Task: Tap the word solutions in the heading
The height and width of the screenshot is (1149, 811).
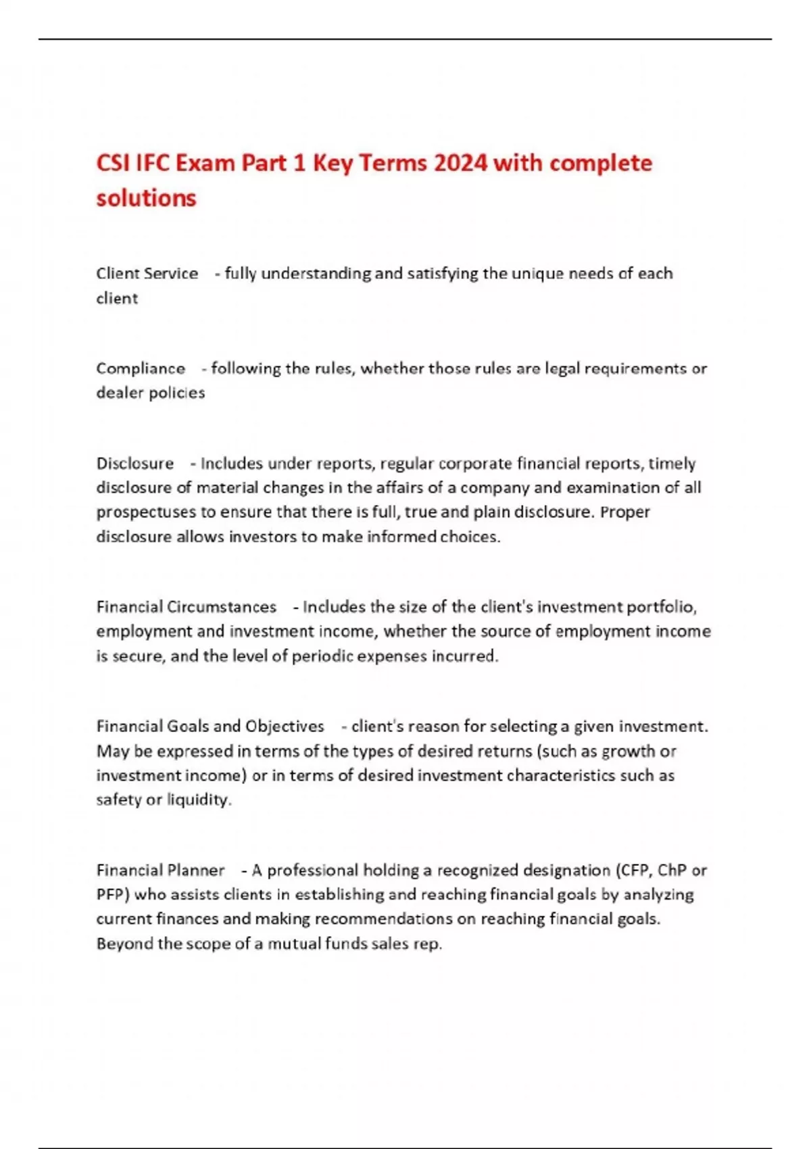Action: [146, 198]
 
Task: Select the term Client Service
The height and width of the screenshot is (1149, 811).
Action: [147, 274]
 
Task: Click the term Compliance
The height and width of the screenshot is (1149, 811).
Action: [141, 368]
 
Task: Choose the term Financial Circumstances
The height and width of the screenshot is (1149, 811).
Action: [186, 607]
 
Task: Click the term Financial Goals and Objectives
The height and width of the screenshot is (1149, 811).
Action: [210, 727]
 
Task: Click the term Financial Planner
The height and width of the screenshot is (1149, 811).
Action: [160, 871]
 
